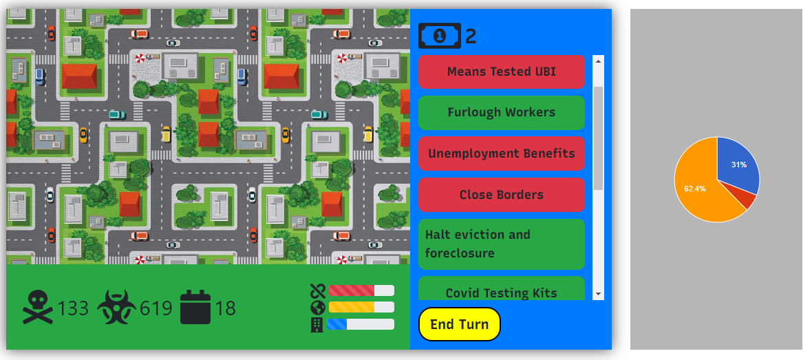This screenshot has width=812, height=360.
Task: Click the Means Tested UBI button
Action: pos(501,72)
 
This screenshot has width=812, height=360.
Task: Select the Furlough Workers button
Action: pos(501,112)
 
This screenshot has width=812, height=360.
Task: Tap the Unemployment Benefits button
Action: pos(501,153)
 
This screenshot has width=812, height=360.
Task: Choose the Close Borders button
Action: pos(501,195)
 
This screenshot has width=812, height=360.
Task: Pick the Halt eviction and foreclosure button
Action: pos(501,244)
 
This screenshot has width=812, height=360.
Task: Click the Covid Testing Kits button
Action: pos(501,290)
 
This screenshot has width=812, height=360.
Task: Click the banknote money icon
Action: pos(439,36)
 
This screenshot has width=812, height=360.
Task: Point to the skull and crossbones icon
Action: pos(38,307)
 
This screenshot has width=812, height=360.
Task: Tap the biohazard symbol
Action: pos(117,307)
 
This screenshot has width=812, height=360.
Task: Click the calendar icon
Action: pos(195,307)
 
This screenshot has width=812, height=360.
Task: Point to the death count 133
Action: pos(73,308)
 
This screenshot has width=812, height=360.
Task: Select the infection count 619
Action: pos(156,308)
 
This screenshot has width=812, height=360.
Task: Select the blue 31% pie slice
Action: pos(736,165)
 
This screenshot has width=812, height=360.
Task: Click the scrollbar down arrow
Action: pos(598,294)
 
